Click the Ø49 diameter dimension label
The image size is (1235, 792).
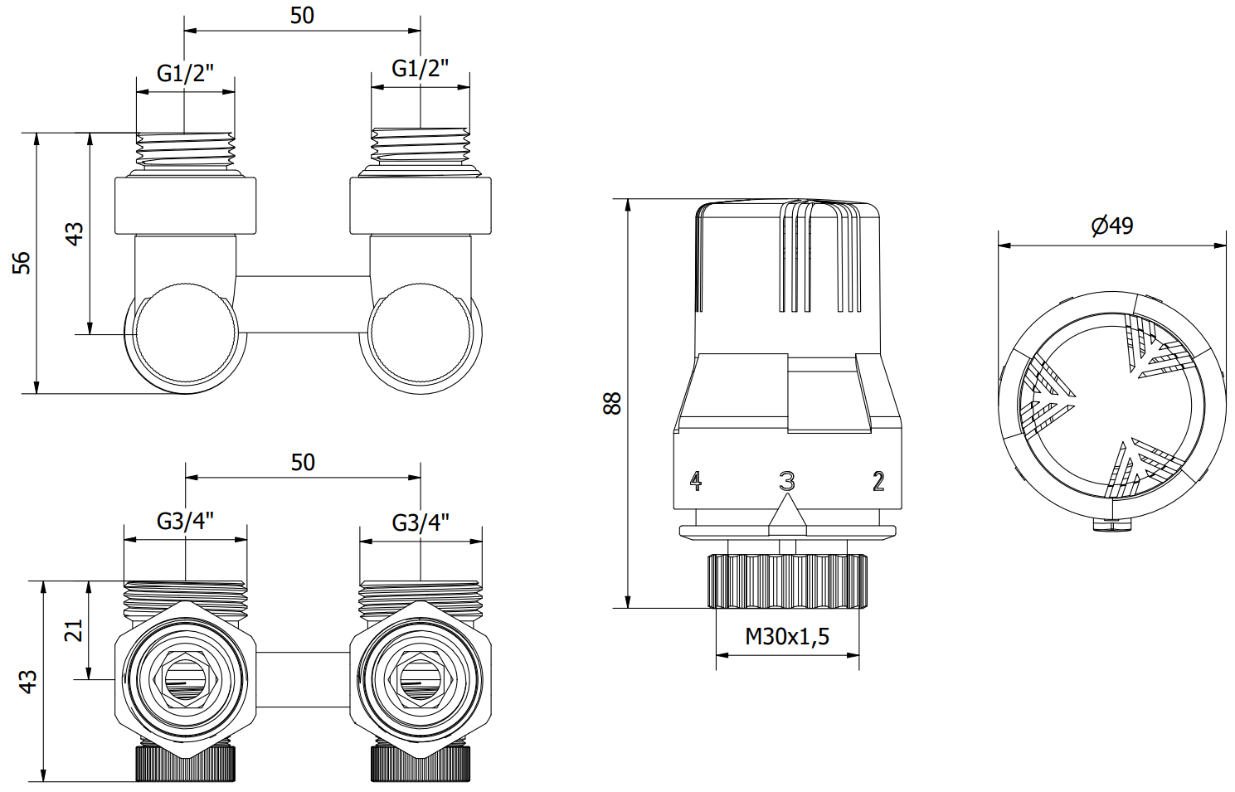[x=1111, y=226]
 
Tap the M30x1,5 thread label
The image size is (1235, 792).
[x=787, y=636]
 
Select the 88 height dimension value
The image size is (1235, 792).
[x=612, y=403]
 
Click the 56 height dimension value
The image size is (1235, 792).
[x=22, y=262]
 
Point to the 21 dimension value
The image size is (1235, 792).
[x=74, y=630]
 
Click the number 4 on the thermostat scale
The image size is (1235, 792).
[x=695, y=480]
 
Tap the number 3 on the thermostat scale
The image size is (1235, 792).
[x=787, y=480]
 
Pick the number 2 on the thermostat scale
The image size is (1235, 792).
[x=878, y=480]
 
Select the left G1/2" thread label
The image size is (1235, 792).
[x=186, y=73]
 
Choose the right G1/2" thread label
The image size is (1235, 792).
[x=421, y=68]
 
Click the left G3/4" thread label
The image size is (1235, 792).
[x=186, y=522]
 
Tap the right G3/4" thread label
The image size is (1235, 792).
[x=421, y=522]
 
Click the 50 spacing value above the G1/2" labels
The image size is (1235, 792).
[x=302, y=16]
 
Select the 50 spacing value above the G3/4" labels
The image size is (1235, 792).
[x=303, y=462]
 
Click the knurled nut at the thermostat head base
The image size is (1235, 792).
[x=787, y=581]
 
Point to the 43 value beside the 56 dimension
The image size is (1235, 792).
[x=74, y=233]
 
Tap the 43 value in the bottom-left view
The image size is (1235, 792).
[x=27, y=682]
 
